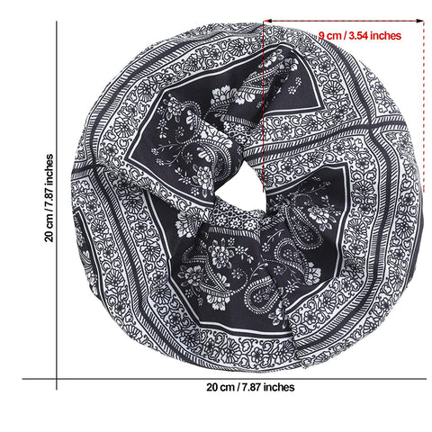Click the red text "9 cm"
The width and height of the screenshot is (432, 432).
[329, 36]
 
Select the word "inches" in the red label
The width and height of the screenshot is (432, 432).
[385, 35]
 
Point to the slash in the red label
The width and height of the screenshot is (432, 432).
[345, 36]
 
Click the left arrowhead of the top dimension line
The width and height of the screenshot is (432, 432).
[266, 21]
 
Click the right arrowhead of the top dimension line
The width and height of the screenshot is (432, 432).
[420, 21]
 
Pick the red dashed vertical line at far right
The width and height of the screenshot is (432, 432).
[424, 106]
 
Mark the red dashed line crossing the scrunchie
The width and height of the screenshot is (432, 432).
[264, 105]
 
